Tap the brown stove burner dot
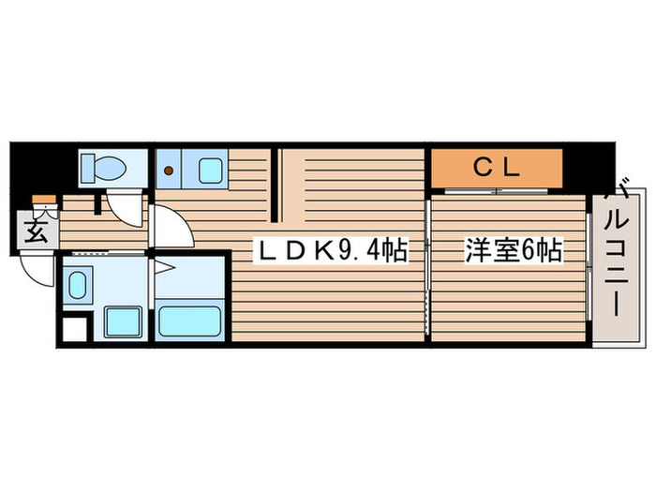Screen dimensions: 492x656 coord(171,171)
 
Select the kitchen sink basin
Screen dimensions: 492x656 coord(209,171)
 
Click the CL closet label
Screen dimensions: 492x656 coord(496,170)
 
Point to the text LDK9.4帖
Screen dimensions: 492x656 coord(332,250)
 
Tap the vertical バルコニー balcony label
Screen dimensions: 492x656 coord(619,253)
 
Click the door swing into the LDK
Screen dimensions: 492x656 coord(171,228)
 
